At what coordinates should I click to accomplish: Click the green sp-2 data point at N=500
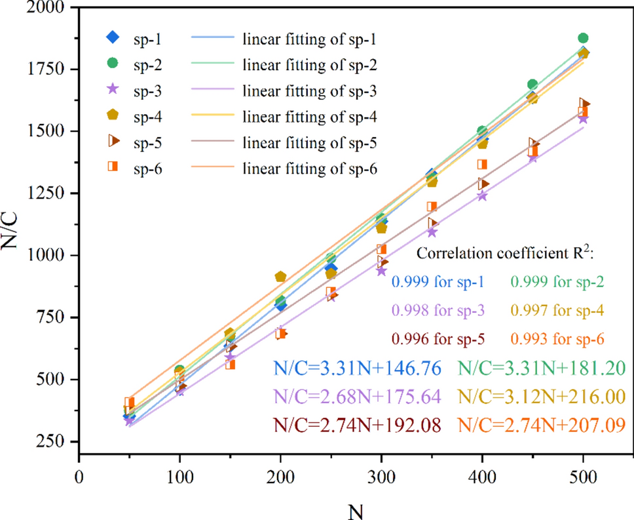[x=583, y=39]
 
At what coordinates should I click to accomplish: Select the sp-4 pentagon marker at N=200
[x=280, y=277]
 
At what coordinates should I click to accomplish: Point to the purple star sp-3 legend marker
[x=113, y=90]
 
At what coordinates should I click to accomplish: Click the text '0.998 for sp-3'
[x=438, y=311]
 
